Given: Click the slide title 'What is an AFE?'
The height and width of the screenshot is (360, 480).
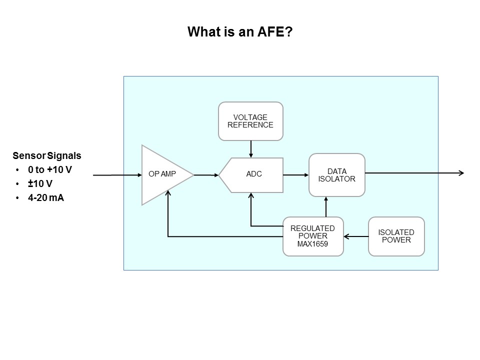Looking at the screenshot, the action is pos(240,32).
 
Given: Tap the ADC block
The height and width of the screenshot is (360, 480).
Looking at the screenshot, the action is pos(251,175).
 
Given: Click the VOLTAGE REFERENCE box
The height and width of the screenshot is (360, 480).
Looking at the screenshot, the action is pos(250,121).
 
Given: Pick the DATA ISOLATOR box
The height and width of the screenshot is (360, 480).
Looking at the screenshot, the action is pos(336,175).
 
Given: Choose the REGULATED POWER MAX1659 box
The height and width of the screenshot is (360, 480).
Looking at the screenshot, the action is pos(313,236).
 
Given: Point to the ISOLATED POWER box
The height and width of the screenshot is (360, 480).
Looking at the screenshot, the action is pos(396,236).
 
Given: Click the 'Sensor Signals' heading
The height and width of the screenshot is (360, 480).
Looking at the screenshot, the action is pos(47,155).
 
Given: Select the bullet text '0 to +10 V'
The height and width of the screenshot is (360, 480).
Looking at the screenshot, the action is pos(50,169).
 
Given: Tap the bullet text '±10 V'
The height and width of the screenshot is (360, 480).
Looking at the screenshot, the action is pos(40,183).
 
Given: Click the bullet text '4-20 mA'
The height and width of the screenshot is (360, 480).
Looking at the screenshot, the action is pos(46,198).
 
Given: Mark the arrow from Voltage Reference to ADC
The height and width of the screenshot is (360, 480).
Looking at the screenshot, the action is pos(251,149).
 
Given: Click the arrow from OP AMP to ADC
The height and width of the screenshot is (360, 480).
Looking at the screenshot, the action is pos(206,175).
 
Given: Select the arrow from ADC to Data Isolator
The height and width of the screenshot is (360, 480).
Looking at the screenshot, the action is pos(295,175).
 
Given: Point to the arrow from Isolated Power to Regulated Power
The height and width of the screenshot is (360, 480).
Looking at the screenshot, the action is pos(356,236).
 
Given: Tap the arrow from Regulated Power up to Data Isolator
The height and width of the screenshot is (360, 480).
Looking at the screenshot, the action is pos(326,206).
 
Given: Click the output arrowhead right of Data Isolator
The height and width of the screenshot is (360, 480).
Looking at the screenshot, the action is pos(461,173).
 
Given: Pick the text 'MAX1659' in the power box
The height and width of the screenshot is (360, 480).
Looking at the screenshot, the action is pos(312,244).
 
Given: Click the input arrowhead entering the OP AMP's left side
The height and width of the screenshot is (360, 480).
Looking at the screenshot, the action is pos(140,175).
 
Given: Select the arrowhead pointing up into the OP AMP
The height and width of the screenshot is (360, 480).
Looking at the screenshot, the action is pos(168,193).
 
